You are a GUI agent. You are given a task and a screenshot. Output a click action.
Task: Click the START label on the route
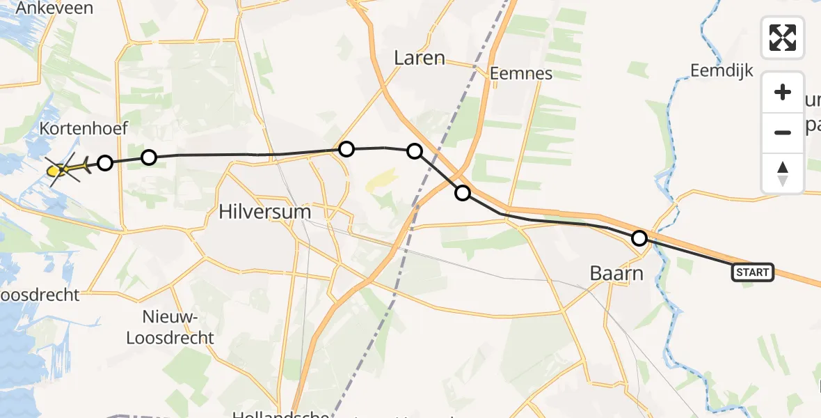pos(753,272)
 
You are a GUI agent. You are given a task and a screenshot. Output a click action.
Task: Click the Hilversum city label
pos(264,212)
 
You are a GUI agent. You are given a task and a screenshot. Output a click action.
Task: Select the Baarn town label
pos(616,273)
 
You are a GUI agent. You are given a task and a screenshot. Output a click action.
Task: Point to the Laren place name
pos(419,58)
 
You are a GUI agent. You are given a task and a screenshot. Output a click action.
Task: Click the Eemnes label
pos(520,73)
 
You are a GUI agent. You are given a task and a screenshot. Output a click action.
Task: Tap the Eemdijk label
pos(722,70)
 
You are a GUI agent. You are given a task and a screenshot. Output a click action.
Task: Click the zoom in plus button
pos(783,93)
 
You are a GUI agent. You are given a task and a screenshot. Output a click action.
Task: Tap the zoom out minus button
pos(783,132)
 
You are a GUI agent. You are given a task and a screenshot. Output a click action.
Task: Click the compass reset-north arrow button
pos(783,173)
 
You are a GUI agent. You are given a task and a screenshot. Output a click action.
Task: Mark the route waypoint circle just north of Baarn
pos(639,238)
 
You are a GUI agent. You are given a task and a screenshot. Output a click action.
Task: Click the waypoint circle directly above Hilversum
pos(346,148)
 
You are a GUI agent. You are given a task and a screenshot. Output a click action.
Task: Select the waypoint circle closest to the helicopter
pos(104,163)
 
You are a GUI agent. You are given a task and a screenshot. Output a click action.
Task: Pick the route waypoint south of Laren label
pos(415,150)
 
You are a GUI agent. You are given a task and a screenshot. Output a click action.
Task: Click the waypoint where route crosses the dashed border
pos(463,193)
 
